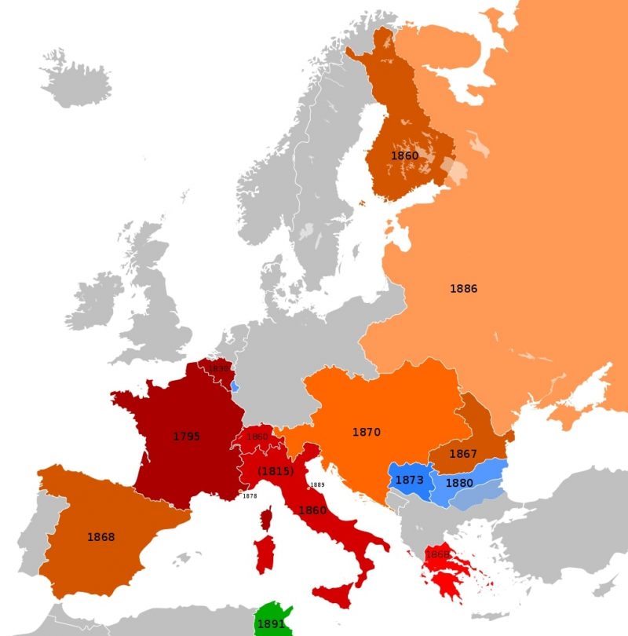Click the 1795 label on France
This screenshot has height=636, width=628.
tap(187, 436)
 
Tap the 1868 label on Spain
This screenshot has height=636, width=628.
tap(100, 537)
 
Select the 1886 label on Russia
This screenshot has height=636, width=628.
tap(463, 289)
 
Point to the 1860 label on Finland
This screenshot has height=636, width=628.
tap(404, 156)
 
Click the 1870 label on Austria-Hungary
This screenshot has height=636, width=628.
tap(366, 432)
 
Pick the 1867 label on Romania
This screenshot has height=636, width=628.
tap(463, 454)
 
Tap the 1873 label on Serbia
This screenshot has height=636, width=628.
tap(409, 479)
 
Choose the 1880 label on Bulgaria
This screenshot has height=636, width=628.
tap(459, 483)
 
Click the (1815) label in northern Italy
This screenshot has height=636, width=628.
tap(276, 472)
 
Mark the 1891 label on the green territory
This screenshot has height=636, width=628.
tap(270, 625)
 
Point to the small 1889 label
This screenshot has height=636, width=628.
tap(317, 484)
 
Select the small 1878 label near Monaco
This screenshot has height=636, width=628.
tap(250, 496)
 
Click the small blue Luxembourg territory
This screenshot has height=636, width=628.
tap(235, 387)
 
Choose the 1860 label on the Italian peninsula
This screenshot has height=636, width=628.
tap(312, 510)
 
